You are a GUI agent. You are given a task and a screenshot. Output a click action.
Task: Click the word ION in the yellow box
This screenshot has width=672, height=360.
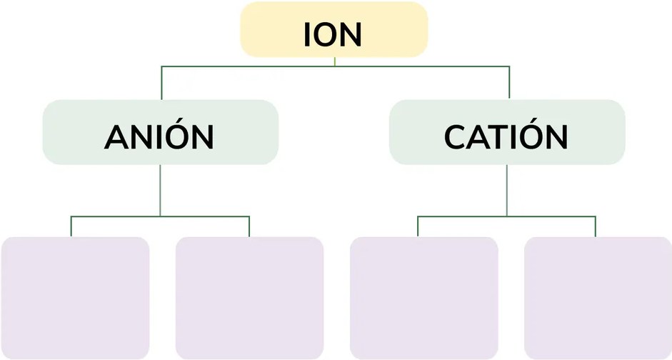pyautogui.click(x=333, y=34)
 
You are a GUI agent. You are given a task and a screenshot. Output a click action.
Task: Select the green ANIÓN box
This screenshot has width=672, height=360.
pyautogui.click(x=160, y=132)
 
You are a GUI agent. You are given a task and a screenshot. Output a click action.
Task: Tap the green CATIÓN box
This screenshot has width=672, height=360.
pyautogui.click(x=507, y=132)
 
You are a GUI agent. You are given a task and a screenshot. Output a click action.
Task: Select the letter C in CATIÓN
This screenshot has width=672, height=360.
pyautogui.click(x=455, y=137)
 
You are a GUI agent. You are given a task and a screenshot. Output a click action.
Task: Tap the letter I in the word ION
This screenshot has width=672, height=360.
pyautogui.click(x=307, y=34)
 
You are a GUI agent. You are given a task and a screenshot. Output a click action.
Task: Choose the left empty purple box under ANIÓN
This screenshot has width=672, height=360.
pyautogui.click(x=76, y=298)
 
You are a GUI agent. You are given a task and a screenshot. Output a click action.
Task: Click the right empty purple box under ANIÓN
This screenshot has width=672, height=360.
pyautogui.click(x=249, y=298)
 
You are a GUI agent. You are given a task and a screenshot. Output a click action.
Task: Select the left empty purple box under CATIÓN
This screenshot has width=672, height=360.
pyautogui.click(x=424, y=298)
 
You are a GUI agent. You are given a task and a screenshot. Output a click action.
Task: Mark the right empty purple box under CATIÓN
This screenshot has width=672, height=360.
pyautogui.click(x=598, y=298)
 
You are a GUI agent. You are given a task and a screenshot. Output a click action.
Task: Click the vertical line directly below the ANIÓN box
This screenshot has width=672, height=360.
pyautogui.click(x=160, y=190)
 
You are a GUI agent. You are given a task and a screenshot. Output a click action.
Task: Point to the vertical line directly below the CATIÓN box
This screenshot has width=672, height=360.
pyautogui.click(x=507, y=190)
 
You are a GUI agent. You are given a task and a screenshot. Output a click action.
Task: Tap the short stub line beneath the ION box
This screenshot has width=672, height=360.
pyautogui.click(x=334, y=61)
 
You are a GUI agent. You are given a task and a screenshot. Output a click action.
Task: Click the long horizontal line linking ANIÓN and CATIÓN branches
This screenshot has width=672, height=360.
pyautogui.click(x=335, y=66)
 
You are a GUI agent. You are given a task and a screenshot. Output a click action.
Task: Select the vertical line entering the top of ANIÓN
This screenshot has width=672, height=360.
pyautogui.click(x=161, y=83)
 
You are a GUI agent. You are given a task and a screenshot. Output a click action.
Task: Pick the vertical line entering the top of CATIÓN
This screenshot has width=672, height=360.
pyautogui.click(x=509, y=83)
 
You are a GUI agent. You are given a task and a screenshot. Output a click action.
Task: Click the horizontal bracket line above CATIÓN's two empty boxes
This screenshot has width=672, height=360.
pyautogui.click(x=506, y=216)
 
